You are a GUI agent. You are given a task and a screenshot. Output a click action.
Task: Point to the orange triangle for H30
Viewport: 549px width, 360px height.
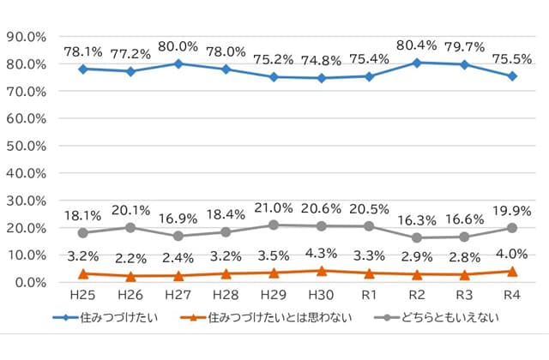[x=322, y=271]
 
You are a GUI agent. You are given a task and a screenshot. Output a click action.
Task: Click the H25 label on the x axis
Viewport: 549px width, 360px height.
[x=83, y=296]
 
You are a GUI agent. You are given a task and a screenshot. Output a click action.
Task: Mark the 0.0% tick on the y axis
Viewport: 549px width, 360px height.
[x=28, y=282]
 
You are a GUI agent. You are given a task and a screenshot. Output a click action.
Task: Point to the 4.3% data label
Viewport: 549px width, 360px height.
[x=322, y=254]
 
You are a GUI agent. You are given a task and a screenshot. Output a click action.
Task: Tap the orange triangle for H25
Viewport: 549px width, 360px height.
[x=83, y=273]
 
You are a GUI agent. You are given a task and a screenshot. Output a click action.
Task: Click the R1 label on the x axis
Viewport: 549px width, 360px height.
[x=370, y=296]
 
